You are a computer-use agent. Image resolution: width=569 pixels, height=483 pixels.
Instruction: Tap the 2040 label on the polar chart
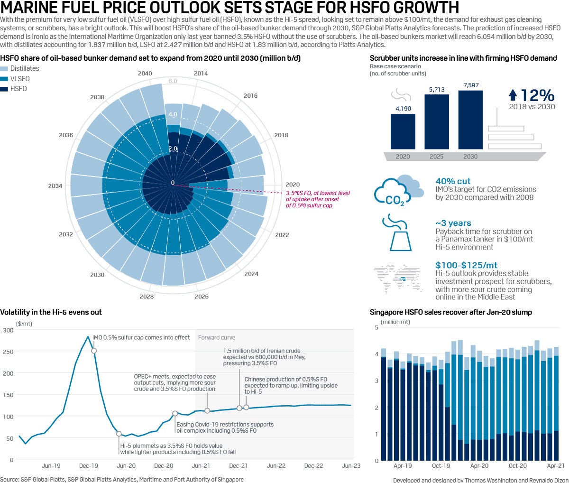145,74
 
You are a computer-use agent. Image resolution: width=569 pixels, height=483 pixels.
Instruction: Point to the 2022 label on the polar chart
282,235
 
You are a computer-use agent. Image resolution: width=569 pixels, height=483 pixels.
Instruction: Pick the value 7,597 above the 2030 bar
470,85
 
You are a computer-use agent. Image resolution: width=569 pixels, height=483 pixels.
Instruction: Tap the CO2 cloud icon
398,190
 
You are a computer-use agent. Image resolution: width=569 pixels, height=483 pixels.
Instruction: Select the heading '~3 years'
453,223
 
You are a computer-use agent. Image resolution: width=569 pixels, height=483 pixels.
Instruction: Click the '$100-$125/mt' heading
466,265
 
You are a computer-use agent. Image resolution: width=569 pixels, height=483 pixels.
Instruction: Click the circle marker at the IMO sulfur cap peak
94,351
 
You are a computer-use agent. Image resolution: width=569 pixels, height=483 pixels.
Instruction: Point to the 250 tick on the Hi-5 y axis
8,352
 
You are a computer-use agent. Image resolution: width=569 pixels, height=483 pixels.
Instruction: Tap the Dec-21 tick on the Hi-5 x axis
239,466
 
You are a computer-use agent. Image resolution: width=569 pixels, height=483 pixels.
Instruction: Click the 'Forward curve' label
216,338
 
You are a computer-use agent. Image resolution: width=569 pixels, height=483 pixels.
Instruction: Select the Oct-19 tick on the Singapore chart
441,466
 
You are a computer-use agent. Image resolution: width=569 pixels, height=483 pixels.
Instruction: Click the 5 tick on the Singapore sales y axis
376,328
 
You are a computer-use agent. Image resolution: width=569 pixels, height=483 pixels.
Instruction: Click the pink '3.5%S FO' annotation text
317,199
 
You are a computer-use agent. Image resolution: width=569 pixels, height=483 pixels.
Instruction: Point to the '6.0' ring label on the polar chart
173,81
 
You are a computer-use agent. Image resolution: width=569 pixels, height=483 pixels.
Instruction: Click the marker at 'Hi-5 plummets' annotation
119,434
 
